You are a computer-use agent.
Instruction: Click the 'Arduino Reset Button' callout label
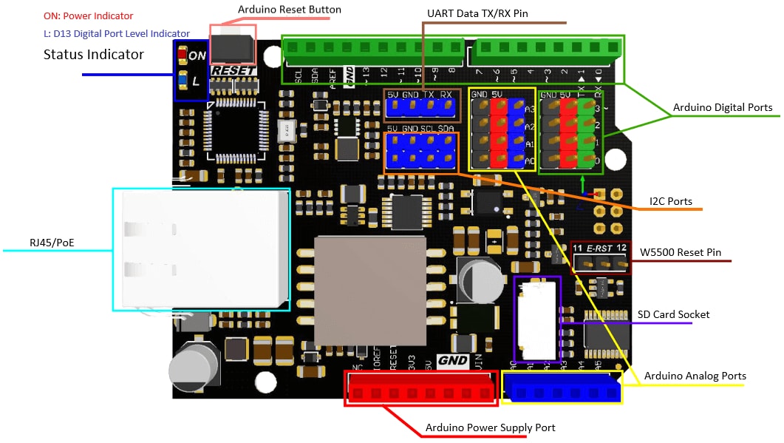click(x=289, y=10)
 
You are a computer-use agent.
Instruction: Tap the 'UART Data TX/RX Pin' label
click(x=477, y=13)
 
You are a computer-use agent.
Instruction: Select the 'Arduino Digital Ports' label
click(x=722, y=107)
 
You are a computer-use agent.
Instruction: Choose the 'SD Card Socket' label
click(x=673, y=314)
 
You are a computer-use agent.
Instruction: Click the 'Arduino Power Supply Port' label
click(x=490, y=427)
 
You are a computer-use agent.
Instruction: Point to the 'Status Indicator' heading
click(x=94, y=54)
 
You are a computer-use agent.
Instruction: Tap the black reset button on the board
click(x=232, y=49)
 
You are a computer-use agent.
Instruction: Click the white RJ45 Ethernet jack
click(x=201, y=248)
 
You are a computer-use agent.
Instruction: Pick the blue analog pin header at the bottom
click(x=562, y=388)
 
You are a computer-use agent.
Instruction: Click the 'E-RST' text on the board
click(x=601, y=248)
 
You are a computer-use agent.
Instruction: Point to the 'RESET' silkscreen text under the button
click(x=234, y=71)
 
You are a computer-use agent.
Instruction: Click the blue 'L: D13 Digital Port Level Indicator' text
click(x=117, y=33)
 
